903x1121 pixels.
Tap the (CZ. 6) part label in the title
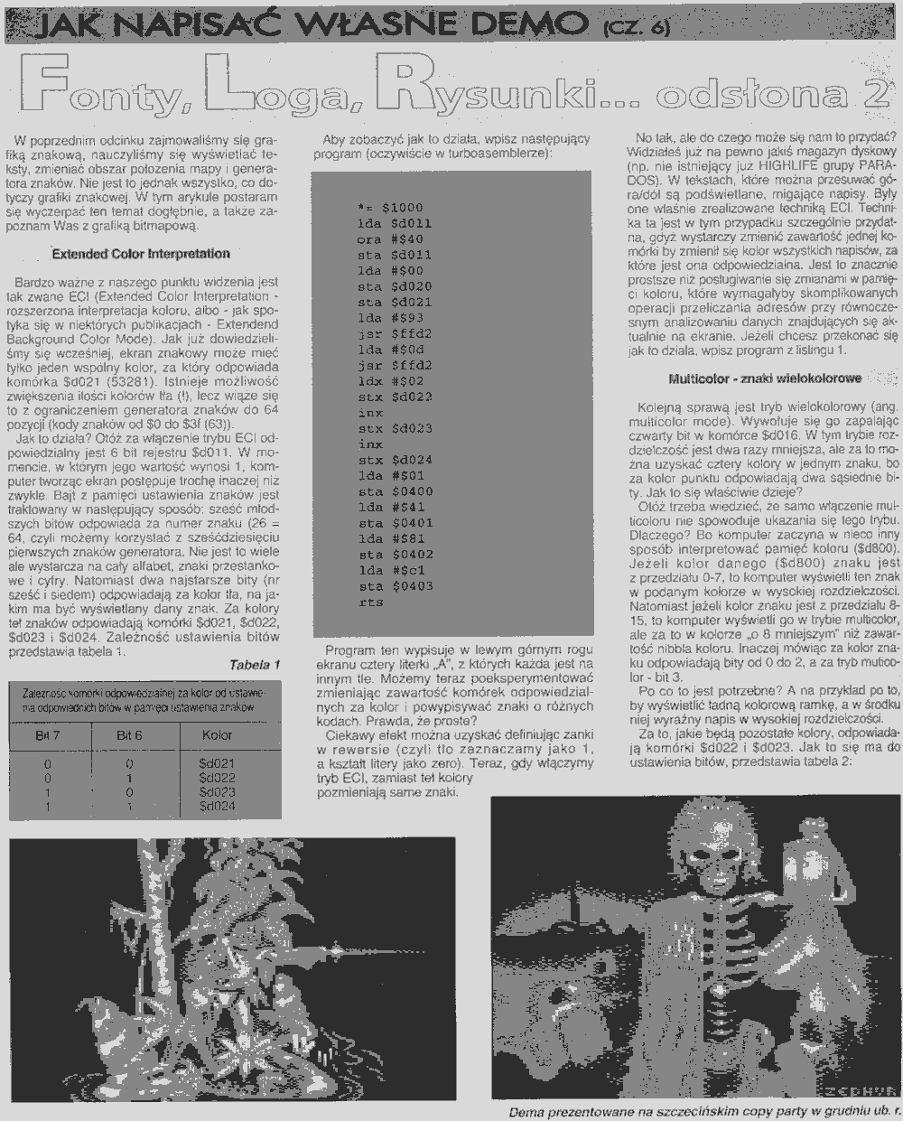coord(635,28)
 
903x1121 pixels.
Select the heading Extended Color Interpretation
coord(140,254)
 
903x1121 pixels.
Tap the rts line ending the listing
coord(371,602)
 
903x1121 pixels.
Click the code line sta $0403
coord(395,586)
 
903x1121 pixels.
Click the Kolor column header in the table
coord(218,735)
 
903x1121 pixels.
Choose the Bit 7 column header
coord(48,735)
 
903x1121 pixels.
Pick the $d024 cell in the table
coord(217,805)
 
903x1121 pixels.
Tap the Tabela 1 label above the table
coord(255,665)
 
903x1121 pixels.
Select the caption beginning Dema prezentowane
coord(704,1111)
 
